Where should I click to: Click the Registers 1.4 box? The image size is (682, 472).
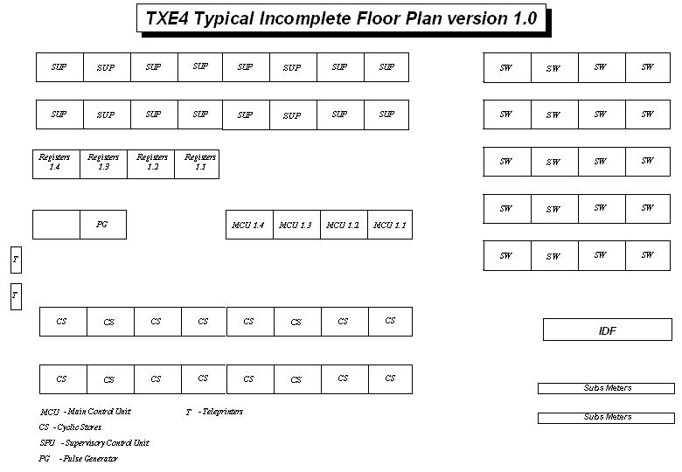(x=56, y=164)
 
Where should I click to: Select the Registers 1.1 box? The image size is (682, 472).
(x=197, y=164)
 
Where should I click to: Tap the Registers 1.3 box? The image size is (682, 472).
(x=103, y=164)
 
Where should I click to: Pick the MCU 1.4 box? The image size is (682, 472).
(x=250, y=225)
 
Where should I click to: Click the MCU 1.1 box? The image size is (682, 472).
(x=390, y=225)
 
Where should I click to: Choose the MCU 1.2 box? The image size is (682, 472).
(x=344, y=225)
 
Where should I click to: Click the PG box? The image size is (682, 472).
(x=103, y=225)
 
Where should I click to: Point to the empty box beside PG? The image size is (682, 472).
(x=56, y=225)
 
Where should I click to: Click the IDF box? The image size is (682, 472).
(x=608, y=330)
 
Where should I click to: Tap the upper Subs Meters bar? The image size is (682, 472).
(x=606, y=388)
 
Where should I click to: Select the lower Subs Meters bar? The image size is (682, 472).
(x=606, y=418)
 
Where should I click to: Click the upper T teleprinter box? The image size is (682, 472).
(x=16, y=260)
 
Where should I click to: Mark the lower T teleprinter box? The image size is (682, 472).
(x=16, y=296)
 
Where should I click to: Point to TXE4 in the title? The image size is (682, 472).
(x=167, y=18)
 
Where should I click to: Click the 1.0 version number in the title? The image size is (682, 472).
(x=525, y=18)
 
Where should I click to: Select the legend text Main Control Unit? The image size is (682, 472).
(x=99, y=411)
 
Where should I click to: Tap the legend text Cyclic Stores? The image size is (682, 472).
(x=80, y=427)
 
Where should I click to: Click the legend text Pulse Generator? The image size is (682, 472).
(x=90, y=459)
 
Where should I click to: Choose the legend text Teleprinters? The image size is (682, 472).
(x=223, y=411)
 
